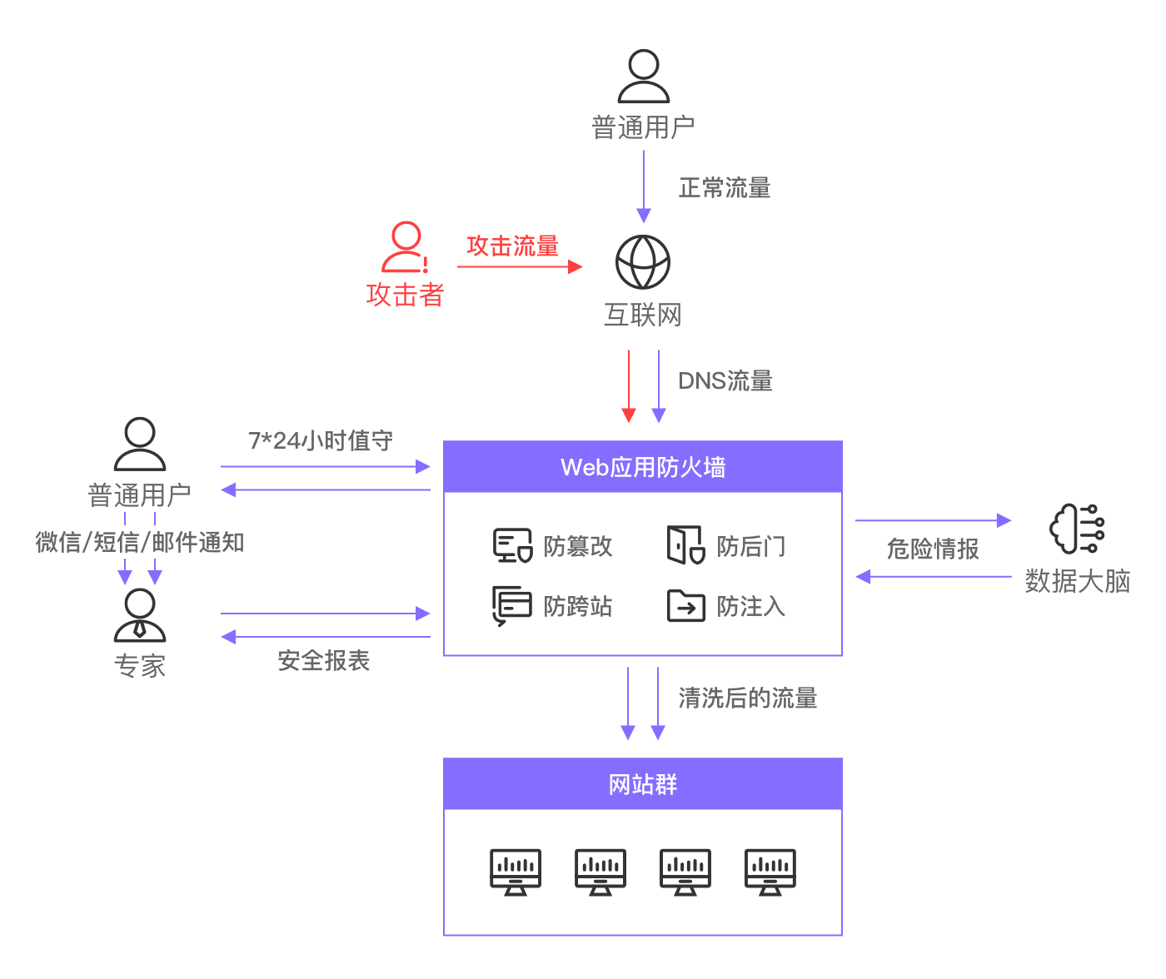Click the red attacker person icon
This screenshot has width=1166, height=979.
[405, 247]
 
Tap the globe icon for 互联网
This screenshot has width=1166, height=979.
[643, 261]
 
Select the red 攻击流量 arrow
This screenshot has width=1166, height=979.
[520, 266]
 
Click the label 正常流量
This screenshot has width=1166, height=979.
[725, 188]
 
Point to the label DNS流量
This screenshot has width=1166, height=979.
[725, 381]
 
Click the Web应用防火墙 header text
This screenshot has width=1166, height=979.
[643, 467]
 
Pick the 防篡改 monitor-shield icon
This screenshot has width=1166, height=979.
[512, 545]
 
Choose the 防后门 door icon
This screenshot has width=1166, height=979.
[685, 545]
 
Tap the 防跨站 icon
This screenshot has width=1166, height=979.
[512, 605]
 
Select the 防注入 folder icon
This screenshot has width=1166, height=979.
[685, 606]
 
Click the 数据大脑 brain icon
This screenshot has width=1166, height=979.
[1077, 529]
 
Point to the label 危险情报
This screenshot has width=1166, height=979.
[933, 549]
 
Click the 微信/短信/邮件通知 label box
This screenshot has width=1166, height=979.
[140, 542]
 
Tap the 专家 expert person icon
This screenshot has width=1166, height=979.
[140, 615]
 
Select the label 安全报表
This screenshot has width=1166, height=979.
[324, 661]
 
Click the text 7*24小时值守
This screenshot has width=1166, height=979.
[321, 440]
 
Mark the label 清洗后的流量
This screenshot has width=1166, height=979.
[747, 698]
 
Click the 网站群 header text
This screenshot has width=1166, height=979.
[643, 784]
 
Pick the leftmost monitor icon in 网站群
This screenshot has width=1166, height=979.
[516, 872]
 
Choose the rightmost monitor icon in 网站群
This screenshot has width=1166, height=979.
[770, 872]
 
